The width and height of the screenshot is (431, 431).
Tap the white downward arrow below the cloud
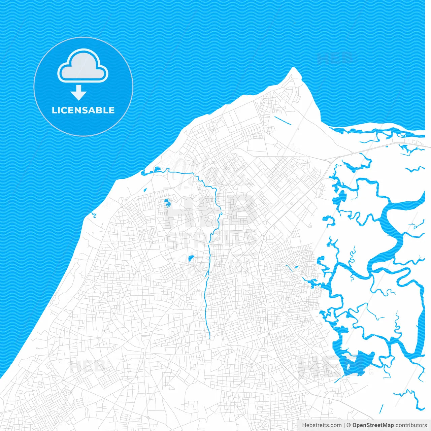click(x=78, y=93)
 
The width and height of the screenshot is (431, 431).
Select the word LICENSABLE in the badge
click(x=83, y=110)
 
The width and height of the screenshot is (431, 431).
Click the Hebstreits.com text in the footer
click(x=322, y=425)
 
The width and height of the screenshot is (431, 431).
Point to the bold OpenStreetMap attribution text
click(x=373, y=425)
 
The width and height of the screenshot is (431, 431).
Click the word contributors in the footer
click(x=411, y=425)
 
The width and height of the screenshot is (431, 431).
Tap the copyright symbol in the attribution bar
click(x=349, y=425)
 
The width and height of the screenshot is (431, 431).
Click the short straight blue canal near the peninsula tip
click(x=283, y=121)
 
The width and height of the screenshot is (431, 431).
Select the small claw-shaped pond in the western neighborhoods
click(x=167, y=203)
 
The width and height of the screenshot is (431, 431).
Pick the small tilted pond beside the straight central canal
click(x=191, y=259)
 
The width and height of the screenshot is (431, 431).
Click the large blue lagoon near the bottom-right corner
click(x=357, y=364)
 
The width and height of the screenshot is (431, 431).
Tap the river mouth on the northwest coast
click(x=143, y=173)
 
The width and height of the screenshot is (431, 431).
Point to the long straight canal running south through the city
click(x=207, y=303)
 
